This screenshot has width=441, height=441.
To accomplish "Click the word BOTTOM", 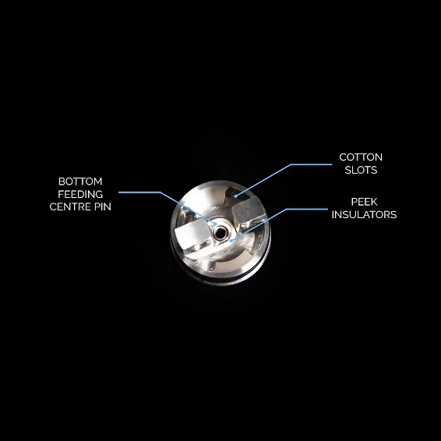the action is (80, 182).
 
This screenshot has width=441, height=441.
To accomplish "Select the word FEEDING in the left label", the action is (80, 194).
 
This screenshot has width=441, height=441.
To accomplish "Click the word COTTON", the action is (361, 157).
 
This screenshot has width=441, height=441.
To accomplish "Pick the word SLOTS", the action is (361, 170).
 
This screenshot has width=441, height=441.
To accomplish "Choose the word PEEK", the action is (364, 202).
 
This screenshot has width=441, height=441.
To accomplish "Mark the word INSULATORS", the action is (364, 214).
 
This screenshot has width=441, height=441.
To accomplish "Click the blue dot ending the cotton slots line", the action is (235, 196).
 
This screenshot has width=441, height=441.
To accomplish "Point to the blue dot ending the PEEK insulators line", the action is (231, 241).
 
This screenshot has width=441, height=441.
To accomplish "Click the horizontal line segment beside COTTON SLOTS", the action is (311, 164).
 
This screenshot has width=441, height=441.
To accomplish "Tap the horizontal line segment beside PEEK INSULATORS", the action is (307, 209).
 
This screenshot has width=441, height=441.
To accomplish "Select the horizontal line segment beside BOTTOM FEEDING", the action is (139, 192).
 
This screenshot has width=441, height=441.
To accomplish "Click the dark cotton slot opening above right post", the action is (235, 194).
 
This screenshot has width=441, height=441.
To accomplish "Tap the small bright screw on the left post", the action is (197, 246).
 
